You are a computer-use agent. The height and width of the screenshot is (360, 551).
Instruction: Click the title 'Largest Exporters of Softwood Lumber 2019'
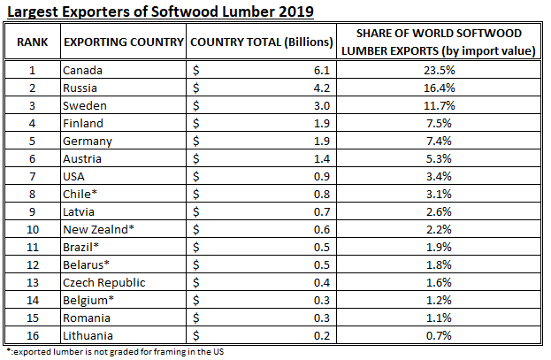[x=160, y=12]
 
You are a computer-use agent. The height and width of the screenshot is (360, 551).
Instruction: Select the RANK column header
[x=32, y=42]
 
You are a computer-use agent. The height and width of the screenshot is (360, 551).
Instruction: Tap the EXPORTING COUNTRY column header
[x=122, y=42]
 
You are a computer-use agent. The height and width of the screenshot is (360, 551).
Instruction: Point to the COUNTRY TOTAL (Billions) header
[x=262, y=42]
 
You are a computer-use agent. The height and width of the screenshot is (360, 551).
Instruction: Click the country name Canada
[x=84, y=70]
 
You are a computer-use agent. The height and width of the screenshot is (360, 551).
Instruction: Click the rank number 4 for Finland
[x=32, y=123]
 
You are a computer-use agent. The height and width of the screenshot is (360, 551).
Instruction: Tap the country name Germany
[x=88, y=141]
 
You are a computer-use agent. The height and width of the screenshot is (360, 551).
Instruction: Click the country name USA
[x=75, y=176]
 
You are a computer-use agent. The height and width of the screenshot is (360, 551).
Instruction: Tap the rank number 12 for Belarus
[x=32, y=264]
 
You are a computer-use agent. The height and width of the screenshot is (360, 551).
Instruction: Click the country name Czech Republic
[x=104, y=282]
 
